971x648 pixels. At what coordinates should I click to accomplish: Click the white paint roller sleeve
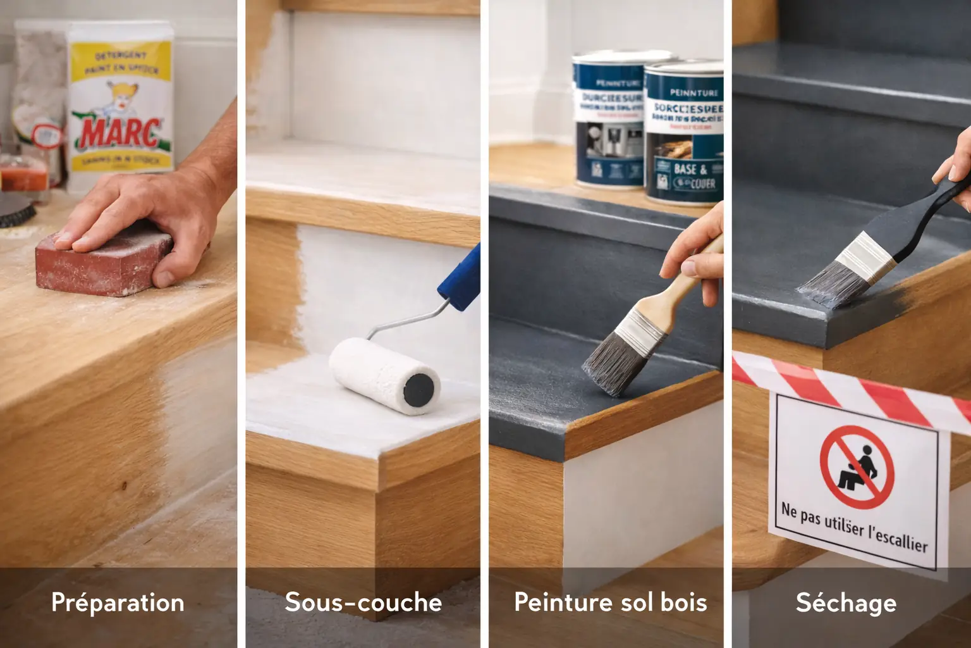pyautogui.click(x=373, y=373)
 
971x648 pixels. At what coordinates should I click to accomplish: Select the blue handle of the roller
pyautogui.click(x=460, y=278)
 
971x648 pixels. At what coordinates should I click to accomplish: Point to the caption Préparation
pyautogui.click(x=118, y=602)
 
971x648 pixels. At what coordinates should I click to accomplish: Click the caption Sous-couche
pyautogui.click(x=363, y=602)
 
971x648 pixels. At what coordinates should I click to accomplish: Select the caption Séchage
pyautogui.click(x=846, y=602)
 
